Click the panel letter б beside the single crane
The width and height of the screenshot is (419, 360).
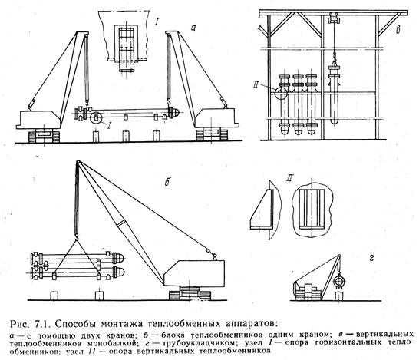click(x=167, y=182)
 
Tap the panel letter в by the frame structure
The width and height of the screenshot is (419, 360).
click(x=398, y=30)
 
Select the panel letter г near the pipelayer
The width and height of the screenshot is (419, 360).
click(x=371, y=259)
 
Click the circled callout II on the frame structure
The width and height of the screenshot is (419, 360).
click(x=282, y=92)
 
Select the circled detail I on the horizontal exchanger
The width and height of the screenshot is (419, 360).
click(x=96, y=118)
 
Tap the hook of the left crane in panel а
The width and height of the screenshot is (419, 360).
click(x=87, y=102)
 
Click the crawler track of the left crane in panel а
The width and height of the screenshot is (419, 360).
click(x=44, y=136)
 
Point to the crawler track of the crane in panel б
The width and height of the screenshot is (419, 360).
click(x=190, y=292)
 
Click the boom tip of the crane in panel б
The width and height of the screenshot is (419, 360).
click(x=78, y=162)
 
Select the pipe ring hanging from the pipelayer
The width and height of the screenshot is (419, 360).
click(x=340, y=282)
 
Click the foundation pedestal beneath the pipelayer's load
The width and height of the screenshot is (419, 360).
click(x=339, y=296)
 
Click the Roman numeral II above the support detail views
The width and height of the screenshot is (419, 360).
click(x=289, y=180)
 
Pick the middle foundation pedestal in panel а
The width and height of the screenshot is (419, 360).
click(x=126, y=137)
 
